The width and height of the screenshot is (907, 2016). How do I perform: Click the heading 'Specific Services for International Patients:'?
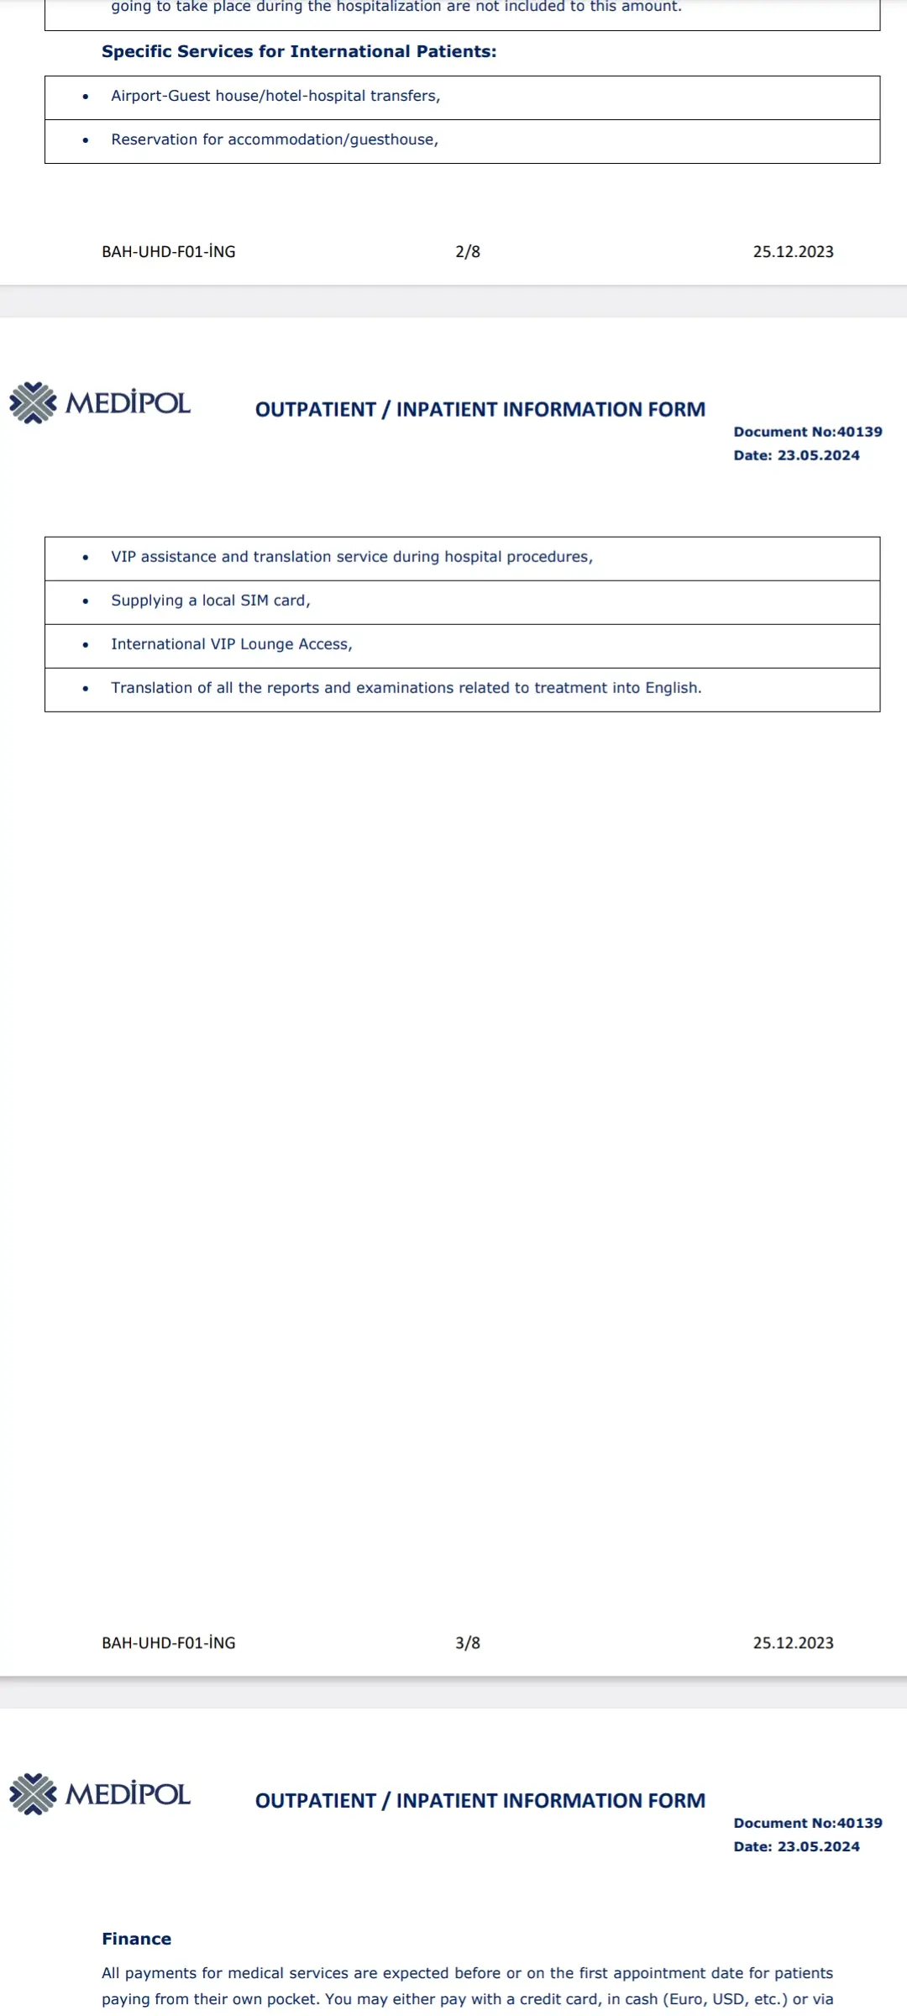(299, 52)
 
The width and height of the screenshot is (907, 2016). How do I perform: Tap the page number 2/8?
(468, 251)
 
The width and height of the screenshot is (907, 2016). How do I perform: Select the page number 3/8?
(468, 1642)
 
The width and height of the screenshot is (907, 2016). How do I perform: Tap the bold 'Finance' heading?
(136, 1939)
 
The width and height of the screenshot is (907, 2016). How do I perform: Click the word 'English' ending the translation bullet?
(672, 688)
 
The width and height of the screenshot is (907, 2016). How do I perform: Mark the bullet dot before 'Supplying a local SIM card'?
(86, 601)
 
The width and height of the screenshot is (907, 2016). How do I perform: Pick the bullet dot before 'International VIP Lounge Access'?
(86, 645)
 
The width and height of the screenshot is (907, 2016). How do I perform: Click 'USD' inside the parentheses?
(727, 1999)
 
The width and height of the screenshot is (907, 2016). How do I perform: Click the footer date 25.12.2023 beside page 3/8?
(793, 1642)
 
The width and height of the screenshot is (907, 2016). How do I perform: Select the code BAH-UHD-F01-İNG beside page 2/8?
(169, 251)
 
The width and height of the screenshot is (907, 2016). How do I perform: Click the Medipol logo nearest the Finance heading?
(100, 1794)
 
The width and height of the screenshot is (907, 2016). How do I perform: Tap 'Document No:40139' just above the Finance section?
(808, 1823)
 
